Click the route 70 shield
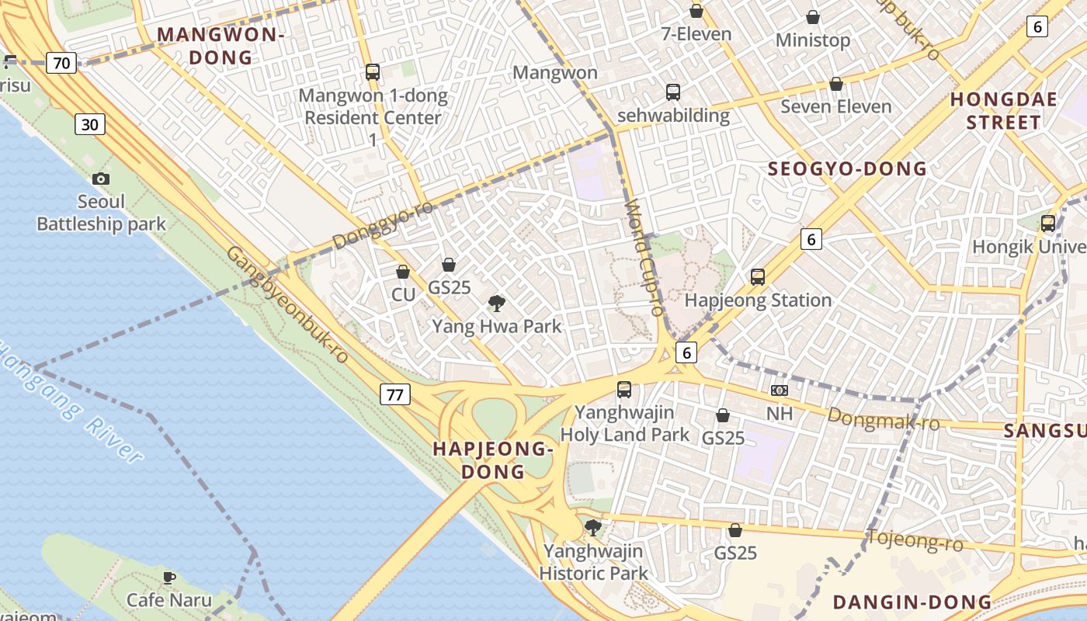pos(61,62)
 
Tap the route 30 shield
pos(90,124)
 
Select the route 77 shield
pos(395,394)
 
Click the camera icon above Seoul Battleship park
pos(100,179)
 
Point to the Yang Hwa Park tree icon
pos(497,304)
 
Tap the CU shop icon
pos(403,272)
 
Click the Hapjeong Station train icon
pos(758,277)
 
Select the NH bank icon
pos(780,390)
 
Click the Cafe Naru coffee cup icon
pos(169,578)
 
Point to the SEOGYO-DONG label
pos(847,168)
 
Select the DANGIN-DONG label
pos(912,602)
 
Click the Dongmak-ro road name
pos(883,419)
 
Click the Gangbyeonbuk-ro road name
pos(287,304)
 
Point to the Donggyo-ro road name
pos(384,224)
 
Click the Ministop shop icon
pos(813,17)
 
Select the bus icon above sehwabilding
pos(673,92)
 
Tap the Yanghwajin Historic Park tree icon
pos(593,529)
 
